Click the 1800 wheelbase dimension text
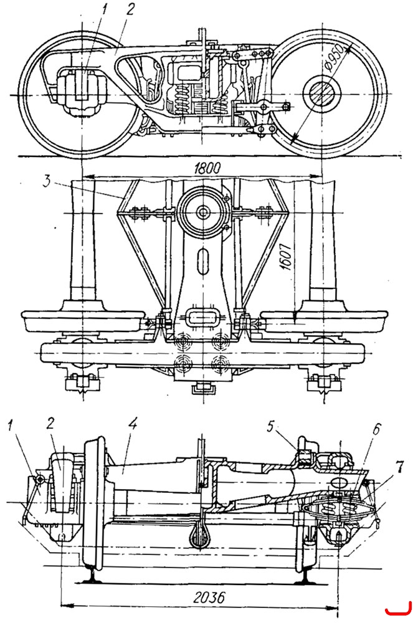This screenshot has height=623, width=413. (207, 168)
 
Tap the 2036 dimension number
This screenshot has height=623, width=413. (209, 597)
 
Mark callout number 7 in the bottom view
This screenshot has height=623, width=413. (400, 468)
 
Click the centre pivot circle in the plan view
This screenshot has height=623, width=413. (203, 211)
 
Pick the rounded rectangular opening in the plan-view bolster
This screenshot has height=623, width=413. (202, 318)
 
